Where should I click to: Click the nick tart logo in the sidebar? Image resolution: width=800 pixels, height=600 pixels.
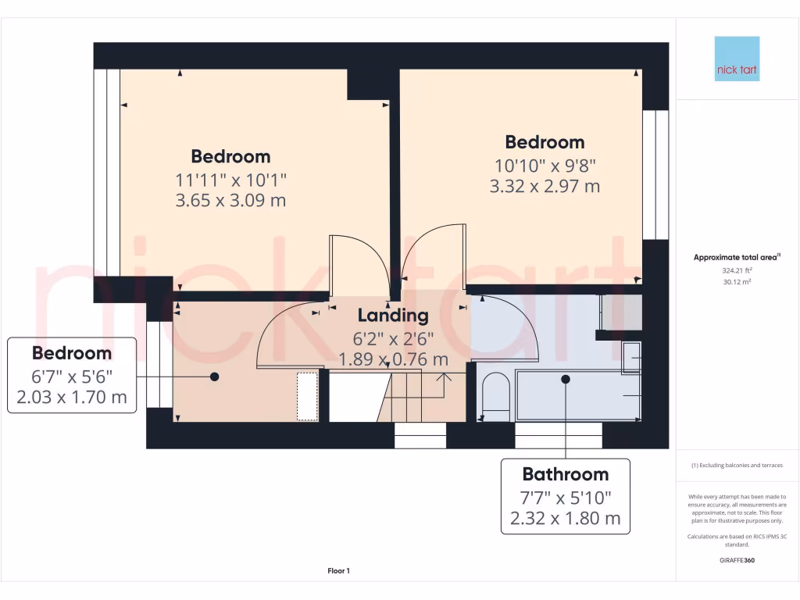click(x=737, y=59)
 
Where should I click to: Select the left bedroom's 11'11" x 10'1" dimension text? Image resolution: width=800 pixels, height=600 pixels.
click(x=231, y=180)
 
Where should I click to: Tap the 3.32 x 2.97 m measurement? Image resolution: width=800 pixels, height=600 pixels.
click(x=545, y=186)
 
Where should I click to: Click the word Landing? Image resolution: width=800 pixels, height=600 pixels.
click(x=393, y=316)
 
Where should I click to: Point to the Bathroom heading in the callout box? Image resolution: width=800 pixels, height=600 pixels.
click(x=565, y=474)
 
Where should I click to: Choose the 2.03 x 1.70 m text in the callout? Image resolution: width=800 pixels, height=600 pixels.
click(x=71, y=397)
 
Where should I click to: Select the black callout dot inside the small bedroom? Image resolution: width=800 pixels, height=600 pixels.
click(x=213, y=377)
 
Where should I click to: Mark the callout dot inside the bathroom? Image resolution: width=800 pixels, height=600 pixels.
click(x=565, y=379)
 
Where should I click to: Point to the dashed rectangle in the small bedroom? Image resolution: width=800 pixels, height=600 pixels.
click(x=307, y=397)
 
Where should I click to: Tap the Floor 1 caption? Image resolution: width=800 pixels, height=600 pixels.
click(x=338, y=571)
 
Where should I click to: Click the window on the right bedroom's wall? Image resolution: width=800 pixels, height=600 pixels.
click(x=655, y=173)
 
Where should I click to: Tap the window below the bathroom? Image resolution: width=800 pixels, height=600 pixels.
click(x=558, y=435)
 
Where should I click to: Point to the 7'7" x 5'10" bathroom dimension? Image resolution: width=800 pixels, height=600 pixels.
click(x=565, y=497)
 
